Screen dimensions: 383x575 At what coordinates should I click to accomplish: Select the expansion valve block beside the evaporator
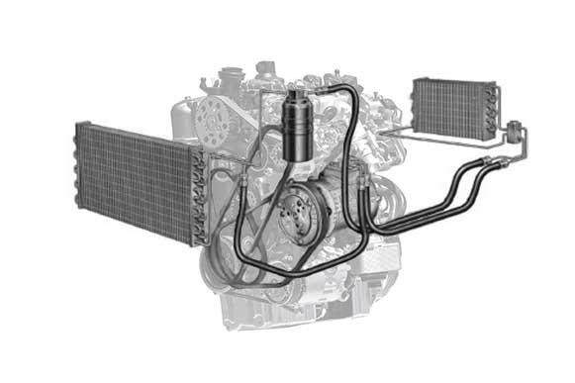pyautogui.click(x=514, y=130)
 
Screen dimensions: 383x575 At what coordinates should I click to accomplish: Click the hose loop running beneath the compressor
pyautogui.click(x=287, y=278)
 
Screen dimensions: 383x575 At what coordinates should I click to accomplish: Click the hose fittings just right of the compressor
pyautogui.click(x=366, y=182)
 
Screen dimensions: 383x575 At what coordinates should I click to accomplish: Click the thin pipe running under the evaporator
pyautogui.click(x=445, y=139)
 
